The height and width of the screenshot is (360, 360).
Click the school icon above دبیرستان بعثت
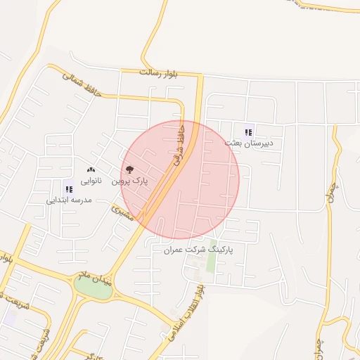(x=248, y=131)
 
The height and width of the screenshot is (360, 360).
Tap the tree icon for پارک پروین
(x=129, y=169)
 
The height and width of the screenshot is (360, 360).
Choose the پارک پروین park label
(x=131, y=181)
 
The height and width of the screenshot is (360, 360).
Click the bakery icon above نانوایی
(x=90, y=169)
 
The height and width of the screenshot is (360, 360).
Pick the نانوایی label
(x=90, y=181)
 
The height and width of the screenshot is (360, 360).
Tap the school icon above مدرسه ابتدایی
(x=69, y=188)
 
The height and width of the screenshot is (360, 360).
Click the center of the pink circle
(x=184, y=179)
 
